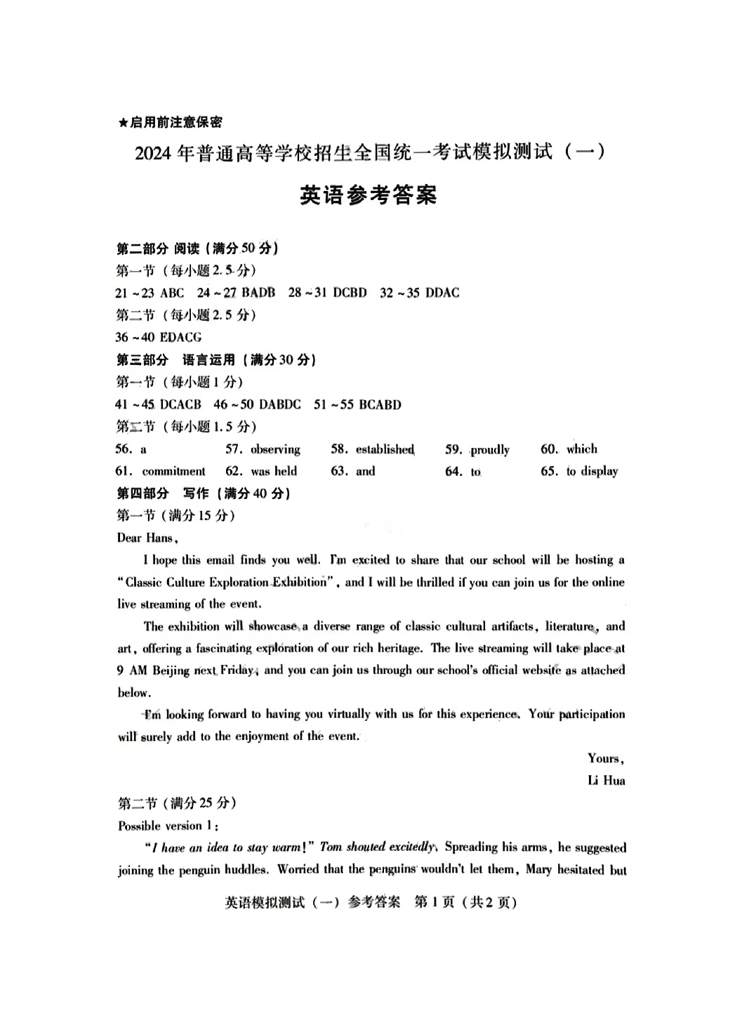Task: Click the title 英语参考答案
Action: (x=368, y=194)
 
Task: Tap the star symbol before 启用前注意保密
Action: (x=123, y=123)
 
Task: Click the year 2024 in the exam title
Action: (x=153, y=153)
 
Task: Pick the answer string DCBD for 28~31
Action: (x=350, y=293)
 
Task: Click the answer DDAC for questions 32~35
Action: (x=442, y=293)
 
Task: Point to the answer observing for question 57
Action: (x=275, y=449)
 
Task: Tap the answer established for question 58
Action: (x=385, y=449)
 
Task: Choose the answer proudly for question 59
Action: (x=490, y=449)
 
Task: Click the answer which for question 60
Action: (x=582, y=449)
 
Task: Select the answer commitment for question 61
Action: (x=173, y=471)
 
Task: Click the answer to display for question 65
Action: (x=592, y=471)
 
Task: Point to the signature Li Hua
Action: (x=606, y=780)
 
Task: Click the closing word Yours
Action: (x=605, y=758)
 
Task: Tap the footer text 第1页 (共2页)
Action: (x=465, y=902)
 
